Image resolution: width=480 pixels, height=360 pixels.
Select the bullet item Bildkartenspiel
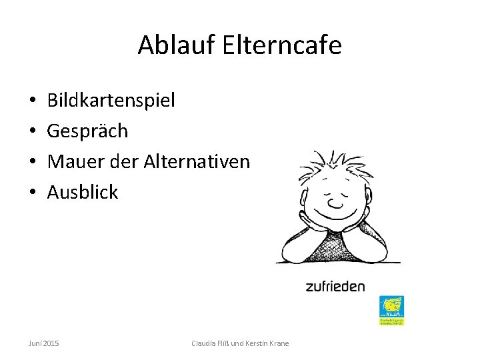(111, 101)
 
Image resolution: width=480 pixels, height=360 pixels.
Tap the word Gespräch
(87, 131)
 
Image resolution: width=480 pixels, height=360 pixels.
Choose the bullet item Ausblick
(83, 193)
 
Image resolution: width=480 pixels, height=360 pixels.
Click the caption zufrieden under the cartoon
(335, 287)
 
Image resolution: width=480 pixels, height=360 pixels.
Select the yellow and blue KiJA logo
(391, 310)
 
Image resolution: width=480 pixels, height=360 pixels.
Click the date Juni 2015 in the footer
(43, 343)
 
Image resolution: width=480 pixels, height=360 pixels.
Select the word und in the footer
(237, 343)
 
